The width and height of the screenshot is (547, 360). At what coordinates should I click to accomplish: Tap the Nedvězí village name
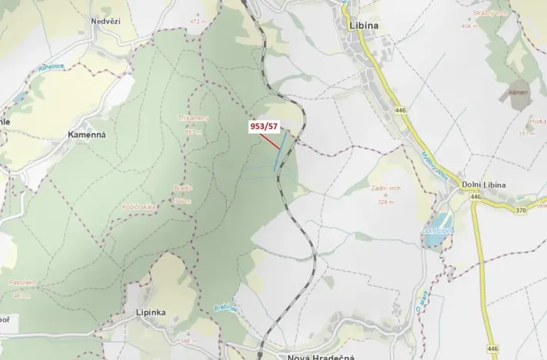point(106,22)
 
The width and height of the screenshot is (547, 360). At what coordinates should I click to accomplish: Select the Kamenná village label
point(86,135)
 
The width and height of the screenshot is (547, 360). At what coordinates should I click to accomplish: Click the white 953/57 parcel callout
point(262,126)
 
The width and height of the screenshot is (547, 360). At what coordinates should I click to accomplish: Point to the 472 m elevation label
point(199,22)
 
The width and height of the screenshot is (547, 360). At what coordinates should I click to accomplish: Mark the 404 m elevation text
point(470,25)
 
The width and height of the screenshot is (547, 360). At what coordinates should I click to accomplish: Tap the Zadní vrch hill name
point(385,188)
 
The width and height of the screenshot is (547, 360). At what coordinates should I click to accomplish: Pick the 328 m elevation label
point(385,202)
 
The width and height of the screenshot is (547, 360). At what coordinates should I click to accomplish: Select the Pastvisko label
point(23,282)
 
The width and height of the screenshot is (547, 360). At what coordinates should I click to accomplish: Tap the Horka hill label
point(538,122)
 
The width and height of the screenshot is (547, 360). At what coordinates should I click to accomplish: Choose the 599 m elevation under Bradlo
point(182,201)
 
